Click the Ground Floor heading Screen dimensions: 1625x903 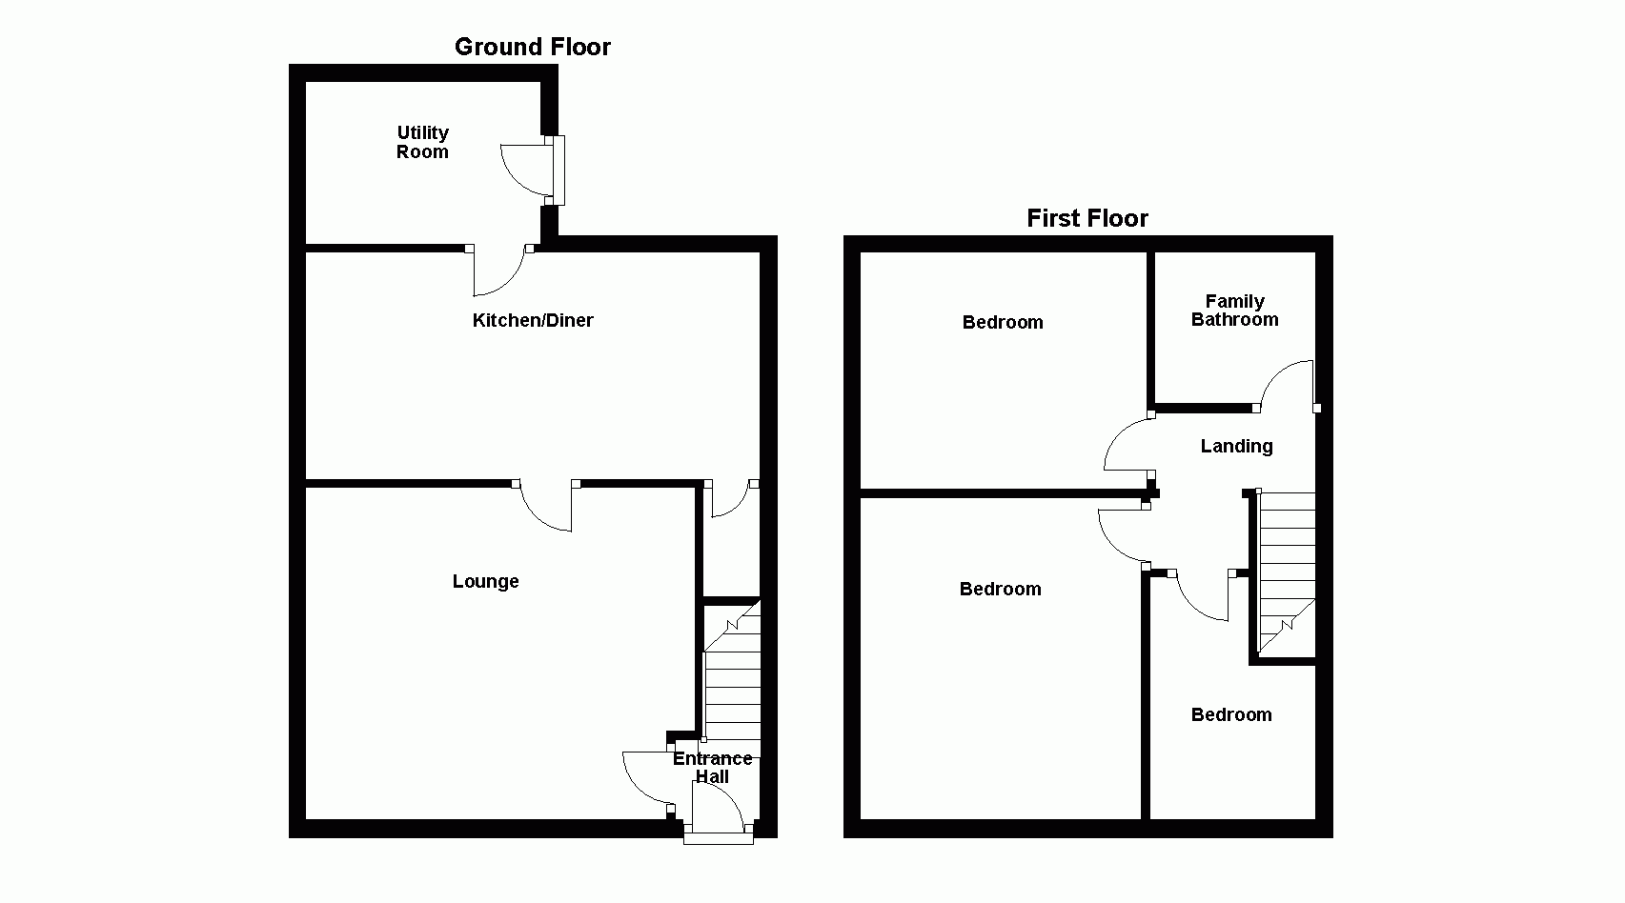532,47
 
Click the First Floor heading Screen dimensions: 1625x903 1087,218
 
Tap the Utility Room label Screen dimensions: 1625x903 422,142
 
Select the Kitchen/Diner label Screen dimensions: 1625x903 533,320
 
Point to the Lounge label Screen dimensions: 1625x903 485,581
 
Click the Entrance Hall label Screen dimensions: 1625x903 712,767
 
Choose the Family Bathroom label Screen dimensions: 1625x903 1234,311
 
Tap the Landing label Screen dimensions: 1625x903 1236,446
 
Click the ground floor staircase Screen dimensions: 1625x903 732,686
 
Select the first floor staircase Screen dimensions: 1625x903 1287,572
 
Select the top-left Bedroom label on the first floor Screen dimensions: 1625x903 1003,322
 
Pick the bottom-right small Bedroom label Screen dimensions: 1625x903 1231,714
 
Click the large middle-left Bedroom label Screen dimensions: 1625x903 1000,589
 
